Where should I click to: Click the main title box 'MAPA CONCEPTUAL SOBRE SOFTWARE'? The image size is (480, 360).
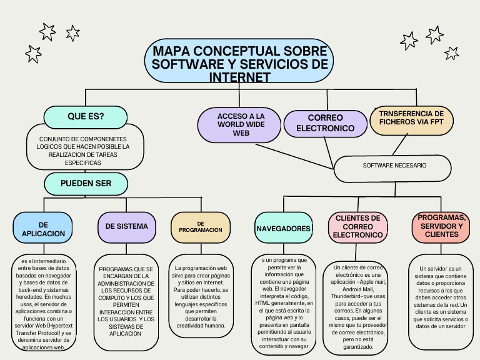pos(240,63)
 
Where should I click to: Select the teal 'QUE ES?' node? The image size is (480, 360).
pos(86,117)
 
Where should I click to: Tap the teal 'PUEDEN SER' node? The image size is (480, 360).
pos(86,184)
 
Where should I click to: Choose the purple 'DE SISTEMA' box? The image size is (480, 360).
pos(127,226)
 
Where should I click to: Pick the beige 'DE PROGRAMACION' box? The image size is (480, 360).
pos(200,227)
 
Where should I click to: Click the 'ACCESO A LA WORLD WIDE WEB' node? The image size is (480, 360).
pos(241,125)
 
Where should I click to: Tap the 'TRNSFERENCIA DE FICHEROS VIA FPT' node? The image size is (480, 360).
pos(411,119)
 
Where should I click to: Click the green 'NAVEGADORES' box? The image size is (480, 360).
pos(283,229)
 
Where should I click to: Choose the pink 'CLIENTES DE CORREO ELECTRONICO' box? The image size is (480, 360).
pos(357,227)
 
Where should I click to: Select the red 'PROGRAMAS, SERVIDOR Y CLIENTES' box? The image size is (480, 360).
pos(441,226)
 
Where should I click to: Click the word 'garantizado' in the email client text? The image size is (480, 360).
pos(357,346)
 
